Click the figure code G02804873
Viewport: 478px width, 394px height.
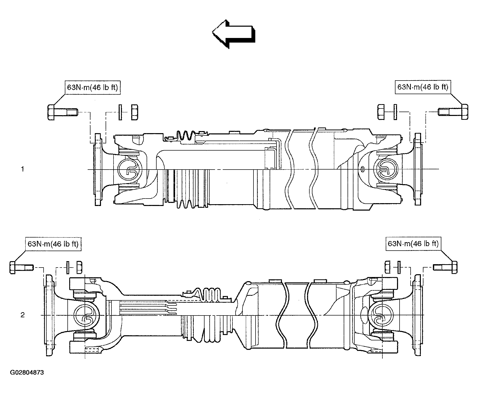(27, 372)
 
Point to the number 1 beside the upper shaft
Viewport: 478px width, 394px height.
(23, 169)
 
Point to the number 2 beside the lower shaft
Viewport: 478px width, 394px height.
(23, 315)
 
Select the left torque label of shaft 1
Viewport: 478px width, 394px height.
(92, 87)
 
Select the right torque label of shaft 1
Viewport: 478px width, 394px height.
(423, 87)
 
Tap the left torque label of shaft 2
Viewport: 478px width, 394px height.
(53, 244)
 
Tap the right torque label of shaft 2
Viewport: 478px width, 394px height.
(413, 243)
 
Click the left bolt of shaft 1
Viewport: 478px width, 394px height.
(63, 112)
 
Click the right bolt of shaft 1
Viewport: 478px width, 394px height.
(453, 112)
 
